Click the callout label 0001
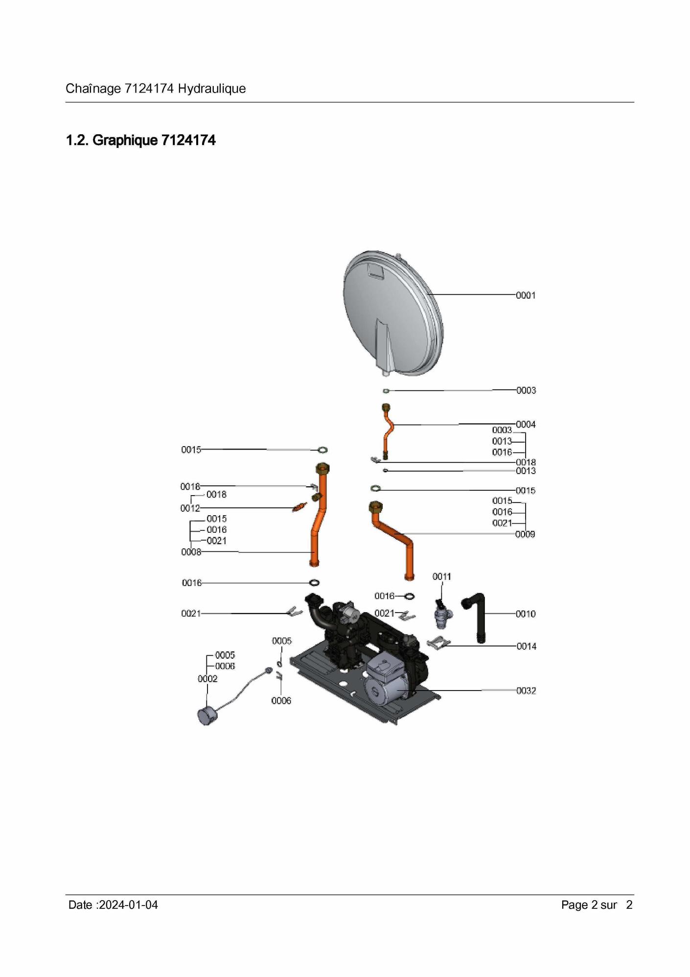526,295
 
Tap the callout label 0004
526,424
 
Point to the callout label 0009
525,534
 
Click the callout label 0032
527,691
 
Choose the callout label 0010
526,614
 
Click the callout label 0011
442,577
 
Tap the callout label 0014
527,646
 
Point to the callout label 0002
207,679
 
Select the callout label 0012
190,508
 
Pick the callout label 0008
191,552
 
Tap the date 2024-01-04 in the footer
128,905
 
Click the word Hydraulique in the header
212,89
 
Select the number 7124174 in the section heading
188,141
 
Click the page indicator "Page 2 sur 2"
597,905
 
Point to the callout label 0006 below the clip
281,701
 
